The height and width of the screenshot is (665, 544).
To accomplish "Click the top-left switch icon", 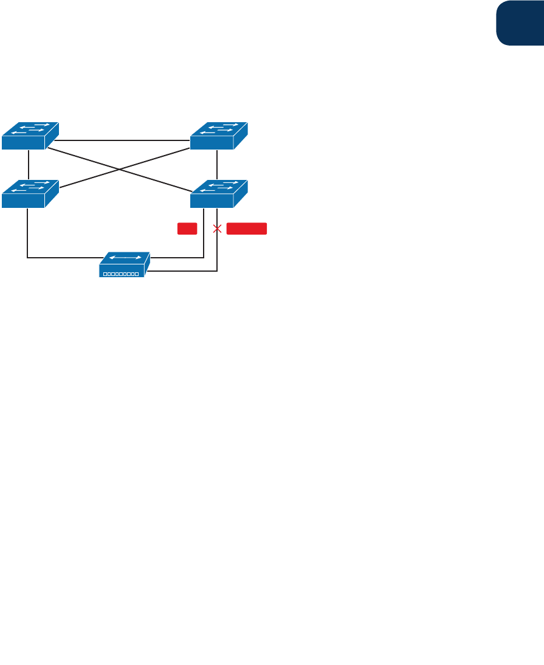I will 30,136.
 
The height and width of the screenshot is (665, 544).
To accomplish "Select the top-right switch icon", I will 218,136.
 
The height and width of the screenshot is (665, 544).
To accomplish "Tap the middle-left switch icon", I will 30,194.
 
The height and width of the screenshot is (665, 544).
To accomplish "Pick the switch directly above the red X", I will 218,194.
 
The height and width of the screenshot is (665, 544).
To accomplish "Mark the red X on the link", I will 217,229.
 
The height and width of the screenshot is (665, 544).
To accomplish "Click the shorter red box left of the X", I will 187,229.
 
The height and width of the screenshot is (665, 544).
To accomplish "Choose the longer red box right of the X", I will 247,229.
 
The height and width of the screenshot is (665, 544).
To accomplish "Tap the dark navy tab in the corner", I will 520,22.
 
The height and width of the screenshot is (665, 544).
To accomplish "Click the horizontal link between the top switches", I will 122,140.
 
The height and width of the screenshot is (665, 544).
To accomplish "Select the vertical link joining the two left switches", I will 29,165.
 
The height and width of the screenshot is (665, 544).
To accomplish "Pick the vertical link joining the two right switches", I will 217,165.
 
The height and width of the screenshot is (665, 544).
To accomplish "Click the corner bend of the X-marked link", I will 217,270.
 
